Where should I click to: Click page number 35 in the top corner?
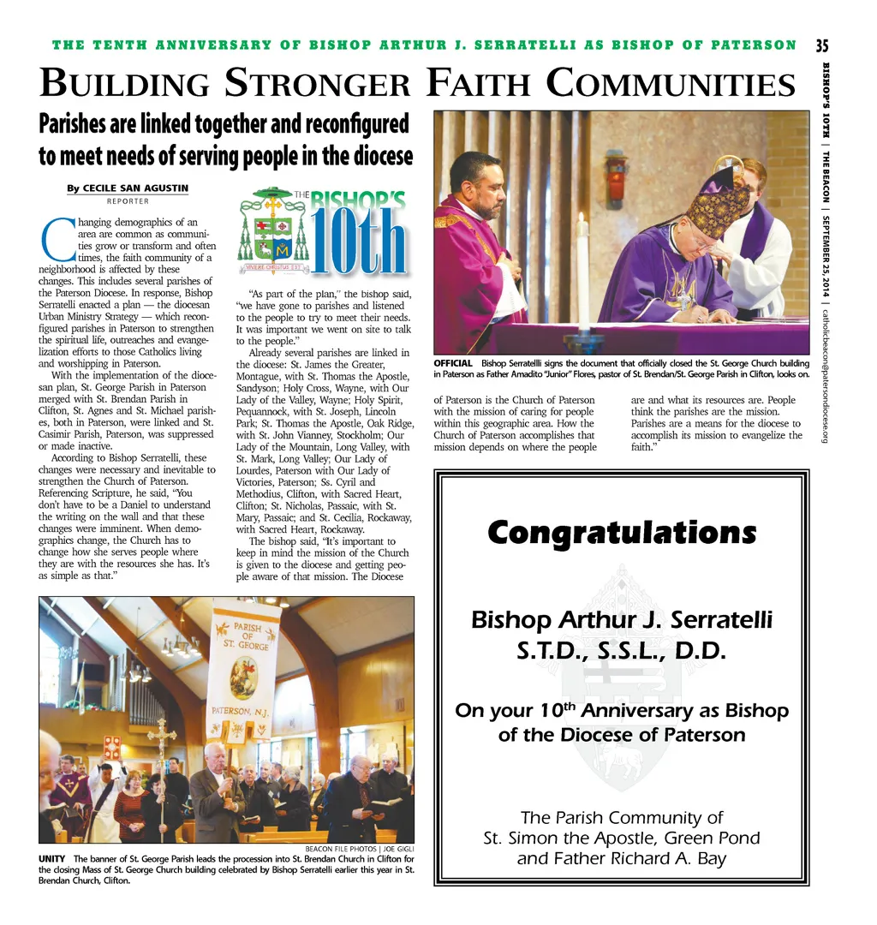(x=821, y=45)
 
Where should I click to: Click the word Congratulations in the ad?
(x=622, y=533)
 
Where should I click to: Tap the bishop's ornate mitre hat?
(x=719, y=206)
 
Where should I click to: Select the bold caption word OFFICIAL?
(x=453, y=364)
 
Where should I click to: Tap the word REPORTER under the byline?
(x=128, y=202)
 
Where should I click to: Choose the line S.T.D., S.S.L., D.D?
(x=622, y=652)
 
